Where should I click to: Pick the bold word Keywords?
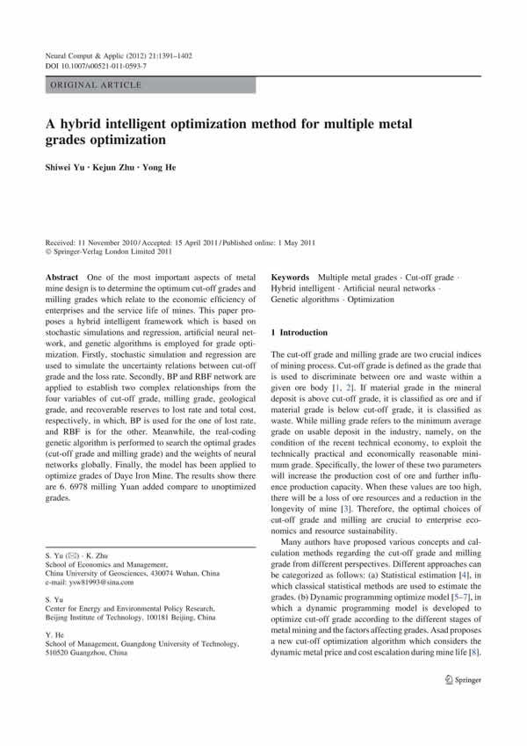pos(292,277)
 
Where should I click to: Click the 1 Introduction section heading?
pos(313,333)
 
